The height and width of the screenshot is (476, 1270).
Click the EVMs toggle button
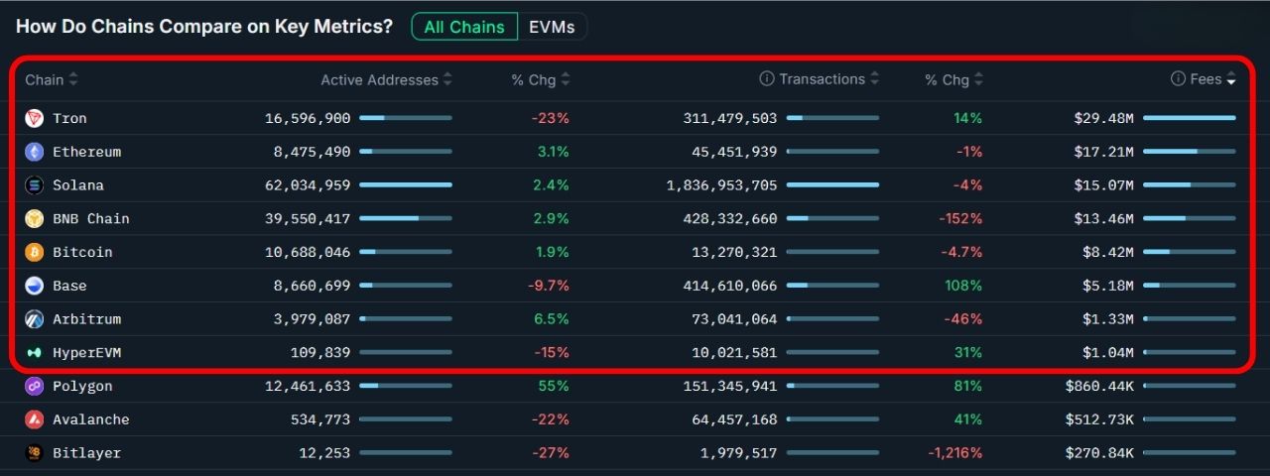coord(552,27)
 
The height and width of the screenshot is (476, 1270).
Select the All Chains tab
coord(464,27)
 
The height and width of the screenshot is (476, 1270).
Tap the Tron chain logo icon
coord(35,118)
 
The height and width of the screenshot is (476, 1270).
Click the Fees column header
coord(1206,79)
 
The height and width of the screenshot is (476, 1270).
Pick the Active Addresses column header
coord(379,79)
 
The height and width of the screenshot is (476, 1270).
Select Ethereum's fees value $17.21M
coord(1103,152)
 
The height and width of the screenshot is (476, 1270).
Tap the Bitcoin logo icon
coord(35,252)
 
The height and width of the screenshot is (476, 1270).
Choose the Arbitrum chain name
coord(87,319)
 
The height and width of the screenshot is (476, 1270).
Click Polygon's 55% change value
coord(554,386)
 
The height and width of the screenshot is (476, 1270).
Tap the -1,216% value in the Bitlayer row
coord(954,453)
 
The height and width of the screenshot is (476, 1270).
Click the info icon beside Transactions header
coord(767,79)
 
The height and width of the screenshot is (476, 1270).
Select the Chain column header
coord(45,79)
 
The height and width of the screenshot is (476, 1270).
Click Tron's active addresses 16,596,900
coord(308,118)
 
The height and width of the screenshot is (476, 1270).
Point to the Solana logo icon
coord(35,185)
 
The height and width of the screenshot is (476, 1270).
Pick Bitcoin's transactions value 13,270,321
coord(730,252)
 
